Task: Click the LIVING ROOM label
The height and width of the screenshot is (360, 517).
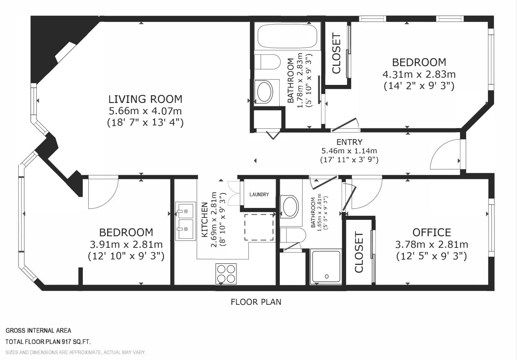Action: click(145, 99)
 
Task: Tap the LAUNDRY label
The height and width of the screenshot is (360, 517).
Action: click(259, 195)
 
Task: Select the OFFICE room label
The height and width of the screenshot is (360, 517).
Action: click(432, 232)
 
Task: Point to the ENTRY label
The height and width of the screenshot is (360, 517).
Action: click(349, 142)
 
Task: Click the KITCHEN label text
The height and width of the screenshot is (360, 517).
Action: click(205, 220)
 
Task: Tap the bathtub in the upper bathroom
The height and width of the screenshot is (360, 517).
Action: click(287, 36)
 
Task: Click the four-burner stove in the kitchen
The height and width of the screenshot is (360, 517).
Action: click(226, 274)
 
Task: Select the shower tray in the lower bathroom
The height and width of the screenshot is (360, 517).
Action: click(326, 267)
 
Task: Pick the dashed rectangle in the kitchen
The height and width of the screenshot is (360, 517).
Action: click(259, 227)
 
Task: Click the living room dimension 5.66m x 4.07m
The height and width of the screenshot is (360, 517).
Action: click(145, 111)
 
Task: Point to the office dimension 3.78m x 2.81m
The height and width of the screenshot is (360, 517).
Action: click(432, 244)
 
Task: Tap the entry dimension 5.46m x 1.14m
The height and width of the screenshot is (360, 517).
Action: click(349, 151)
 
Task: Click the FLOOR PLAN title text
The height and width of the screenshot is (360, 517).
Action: click(256, 302)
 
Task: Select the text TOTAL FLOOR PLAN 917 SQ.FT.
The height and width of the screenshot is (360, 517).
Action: click(48, 342)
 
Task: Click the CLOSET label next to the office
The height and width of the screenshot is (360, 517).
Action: click(359, 253)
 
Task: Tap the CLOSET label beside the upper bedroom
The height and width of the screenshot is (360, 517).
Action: click(336, 53)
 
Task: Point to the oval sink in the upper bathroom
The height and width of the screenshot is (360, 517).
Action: click(265, 92)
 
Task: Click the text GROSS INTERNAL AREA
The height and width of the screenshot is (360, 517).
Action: click(38, 330)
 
